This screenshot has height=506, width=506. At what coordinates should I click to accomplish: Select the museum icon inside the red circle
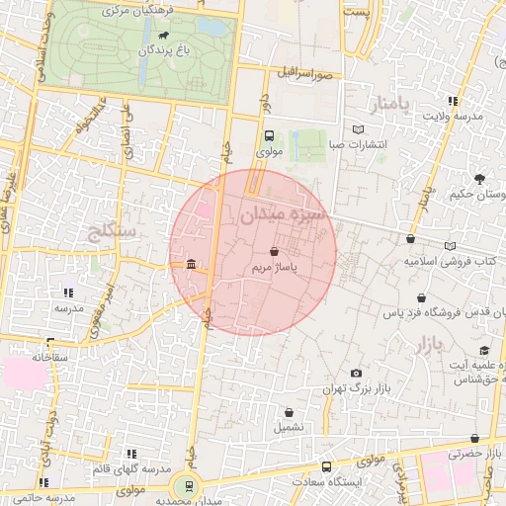click(191, 264)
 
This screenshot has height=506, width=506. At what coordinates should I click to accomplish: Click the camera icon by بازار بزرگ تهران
click(356, 374)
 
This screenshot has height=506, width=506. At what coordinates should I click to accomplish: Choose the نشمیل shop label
click(290, 427)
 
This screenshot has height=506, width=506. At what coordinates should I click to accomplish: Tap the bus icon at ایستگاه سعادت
click(327, 466)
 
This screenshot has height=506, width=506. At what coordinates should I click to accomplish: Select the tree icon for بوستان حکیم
click(479, 179)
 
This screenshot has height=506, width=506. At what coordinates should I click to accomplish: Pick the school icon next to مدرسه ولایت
click(454, 101)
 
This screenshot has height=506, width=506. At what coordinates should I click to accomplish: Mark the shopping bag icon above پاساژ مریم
click(274, 251)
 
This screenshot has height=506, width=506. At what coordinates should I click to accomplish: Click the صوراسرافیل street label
click(309, 73)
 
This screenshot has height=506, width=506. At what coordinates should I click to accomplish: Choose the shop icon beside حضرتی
click(477, 438)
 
